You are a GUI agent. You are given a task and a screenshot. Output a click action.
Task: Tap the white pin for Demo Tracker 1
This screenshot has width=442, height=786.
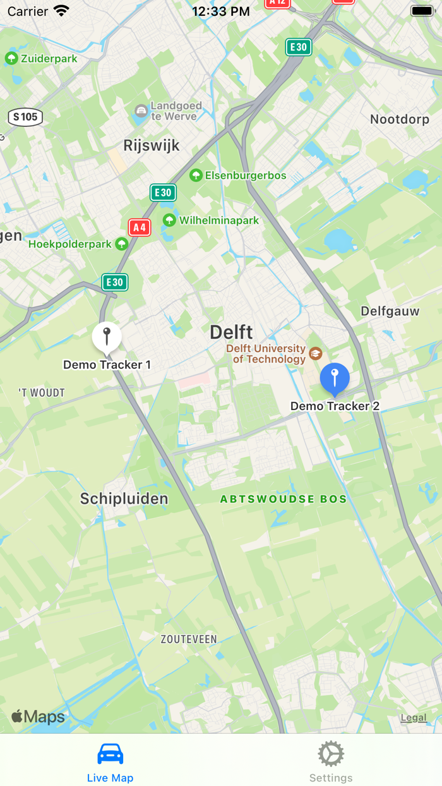click(107, 337)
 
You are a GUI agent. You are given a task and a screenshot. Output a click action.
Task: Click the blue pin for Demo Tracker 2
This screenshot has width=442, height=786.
click(335, 378)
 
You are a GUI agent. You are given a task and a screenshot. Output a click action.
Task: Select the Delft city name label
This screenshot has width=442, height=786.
click(231, 332)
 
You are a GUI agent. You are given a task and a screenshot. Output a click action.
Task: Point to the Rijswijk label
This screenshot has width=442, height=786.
click(152, 145)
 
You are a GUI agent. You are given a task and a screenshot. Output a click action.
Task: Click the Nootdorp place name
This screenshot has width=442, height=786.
click(399, 119)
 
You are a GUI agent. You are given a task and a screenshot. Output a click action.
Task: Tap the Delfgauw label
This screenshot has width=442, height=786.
click(390, 311)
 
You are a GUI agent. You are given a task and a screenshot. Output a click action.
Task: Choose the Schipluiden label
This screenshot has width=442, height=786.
click(124, 499)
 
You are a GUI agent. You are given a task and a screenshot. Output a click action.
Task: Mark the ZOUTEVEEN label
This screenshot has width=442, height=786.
click(188, 639)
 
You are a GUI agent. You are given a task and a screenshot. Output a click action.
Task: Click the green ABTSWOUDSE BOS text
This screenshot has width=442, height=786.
click(284, 499)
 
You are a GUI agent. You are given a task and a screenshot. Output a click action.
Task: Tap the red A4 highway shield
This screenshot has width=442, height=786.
click(140, 227)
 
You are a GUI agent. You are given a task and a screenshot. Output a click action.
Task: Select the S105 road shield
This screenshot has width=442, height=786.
click(25, 116)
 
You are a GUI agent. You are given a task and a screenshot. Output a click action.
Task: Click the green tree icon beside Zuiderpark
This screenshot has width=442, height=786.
click(11, 59)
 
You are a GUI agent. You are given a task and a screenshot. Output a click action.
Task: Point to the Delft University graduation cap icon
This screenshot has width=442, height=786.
click(316, 353)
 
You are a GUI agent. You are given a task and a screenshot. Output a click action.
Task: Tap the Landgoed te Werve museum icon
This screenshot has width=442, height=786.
click(141, 112)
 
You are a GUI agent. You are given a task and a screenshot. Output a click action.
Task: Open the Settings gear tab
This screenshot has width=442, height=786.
click(331, 754)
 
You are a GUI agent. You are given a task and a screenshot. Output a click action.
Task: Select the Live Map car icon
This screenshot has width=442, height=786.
click(110, 754)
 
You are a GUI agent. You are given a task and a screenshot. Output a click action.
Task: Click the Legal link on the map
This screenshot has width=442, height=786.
click(414, 717)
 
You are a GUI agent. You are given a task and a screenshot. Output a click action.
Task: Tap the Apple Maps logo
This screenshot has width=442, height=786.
click(38, 716)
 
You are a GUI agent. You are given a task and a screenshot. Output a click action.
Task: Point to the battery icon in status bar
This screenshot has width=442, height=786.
click(422, 11)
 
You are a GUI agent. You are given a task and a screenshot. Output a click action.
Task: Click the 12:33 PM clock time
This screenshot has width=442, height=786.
click(221, 11)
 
